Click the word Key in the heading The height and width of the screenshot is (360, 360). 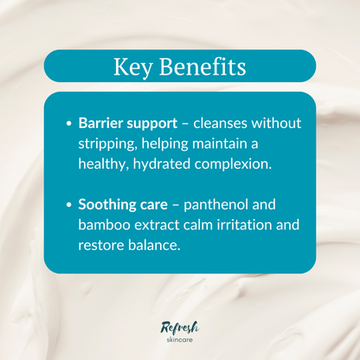pos(132,66)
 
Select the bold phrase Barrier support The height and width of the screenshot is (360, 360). pos(127,124)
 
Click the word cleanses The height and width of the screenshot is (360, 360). pos(222,124)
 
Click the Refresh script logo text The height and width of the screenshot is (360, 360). pos(180,326)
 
